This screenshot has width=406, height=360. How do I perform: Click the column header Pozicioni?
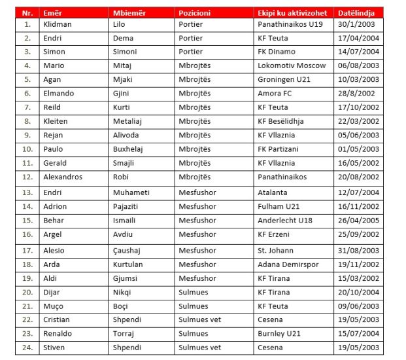pyautogui.click(x=194, y=12)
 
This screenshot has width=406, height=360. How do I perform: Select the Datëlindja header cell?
pyautogui.click(x=355, y=12)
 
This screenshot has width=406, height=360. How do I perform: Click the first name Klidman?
pyautogui.click(x=58, y=24)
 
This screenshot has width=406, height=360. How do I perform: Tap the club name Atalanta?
pyautogui.click(x=273, y=192)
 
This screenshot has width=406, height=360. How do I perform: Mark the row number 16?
pyautogui.click(x=27, y=234)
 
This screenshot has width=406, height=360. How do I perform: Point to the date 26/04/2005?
pyautogui.click(x=359, y=221)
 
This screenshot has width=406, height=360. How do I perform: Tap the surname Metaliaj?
pyautogui.click(x=131, y=121)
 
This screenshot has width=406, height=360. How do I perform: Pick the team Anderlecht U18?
pyautogui.click(x=284, y=221)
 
